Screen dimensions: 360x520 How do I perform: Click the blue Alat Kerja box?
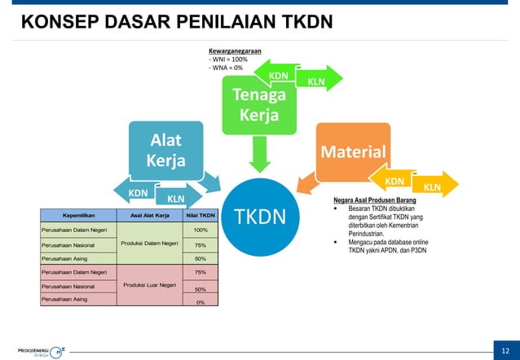pos(166,150)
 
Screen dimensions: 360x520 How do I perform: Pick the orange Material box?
pos(352,152)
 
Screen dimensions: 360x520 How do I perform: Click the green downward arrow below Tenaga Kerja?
pos(259,154)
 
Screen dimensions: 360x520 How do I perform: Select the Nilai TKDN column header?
pos(201,216)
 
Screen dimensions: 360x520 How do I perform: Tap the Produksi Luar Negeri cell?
pos(150,284)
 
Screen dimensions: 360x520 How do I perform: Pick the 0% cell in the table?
pos(201,302)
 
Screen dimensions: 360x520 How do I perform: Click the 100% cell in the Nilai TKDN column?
pos(201,230)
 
